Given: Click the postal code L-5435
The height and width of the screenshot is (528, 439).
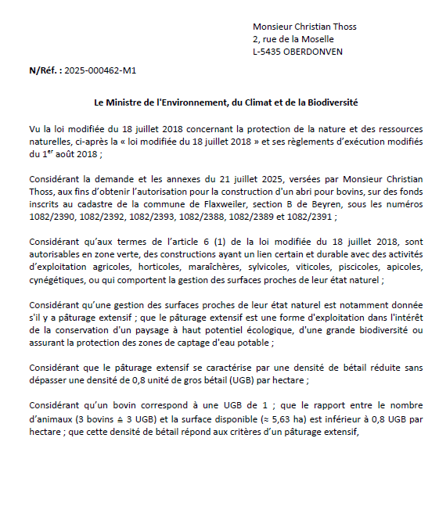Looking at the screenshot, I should tap(268, 52).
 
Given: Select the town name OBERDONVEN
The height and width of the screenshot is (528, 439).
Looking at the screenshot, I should tap(313, 52).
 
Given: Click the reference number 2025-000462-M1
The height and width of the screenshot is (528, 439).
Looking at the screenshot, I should tap(100, 70).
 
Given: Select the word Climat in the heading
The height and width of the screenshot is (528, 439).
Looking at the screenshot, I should tap(275, 102).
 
